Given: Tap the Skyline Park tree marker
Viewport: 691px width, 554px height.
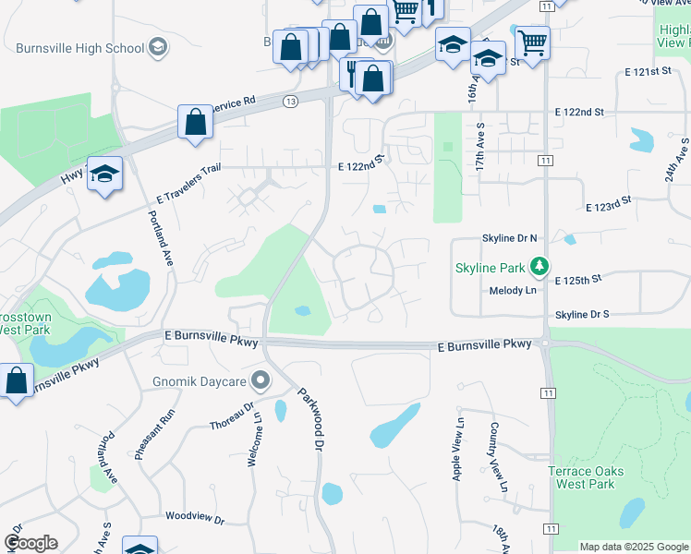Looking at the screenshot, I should [x=539, y=268].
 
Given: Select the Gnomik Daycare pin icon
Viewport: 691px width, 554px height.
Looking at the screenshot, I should [x=261, y=380].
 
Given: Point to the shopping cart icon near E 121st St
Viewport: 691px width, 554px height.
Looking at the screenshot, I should [x=532, y=42].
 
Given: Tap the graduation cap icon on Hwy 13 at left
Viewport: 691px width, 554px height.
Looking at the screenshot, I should [x=105, y=173].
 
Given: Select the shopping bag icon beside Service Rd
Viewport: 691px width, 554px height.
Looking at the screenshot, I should [x=196, y=122].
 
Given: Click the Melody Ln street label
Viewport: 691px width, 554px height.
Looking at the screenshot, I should [x=512, y=291].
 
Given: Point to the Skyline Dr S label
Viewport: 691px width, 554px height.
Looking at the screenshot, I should [x=582, y=315].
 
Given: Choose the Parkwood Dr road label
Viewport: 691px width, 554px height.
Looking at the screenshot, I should [x=311, y=417].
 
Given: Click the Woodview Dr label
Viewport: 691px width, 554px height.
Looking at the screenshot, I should [x=195, y=520].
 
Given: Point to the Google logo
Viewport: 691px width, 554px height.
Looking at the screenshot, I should [x=30, y=543].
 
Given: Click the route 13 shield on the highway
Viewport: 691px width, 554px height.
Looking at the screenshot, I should [x=291, y=101].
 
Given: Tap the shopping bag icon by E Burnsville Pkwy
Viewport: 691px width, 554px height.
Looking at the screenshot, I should [x=17, y=380].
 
